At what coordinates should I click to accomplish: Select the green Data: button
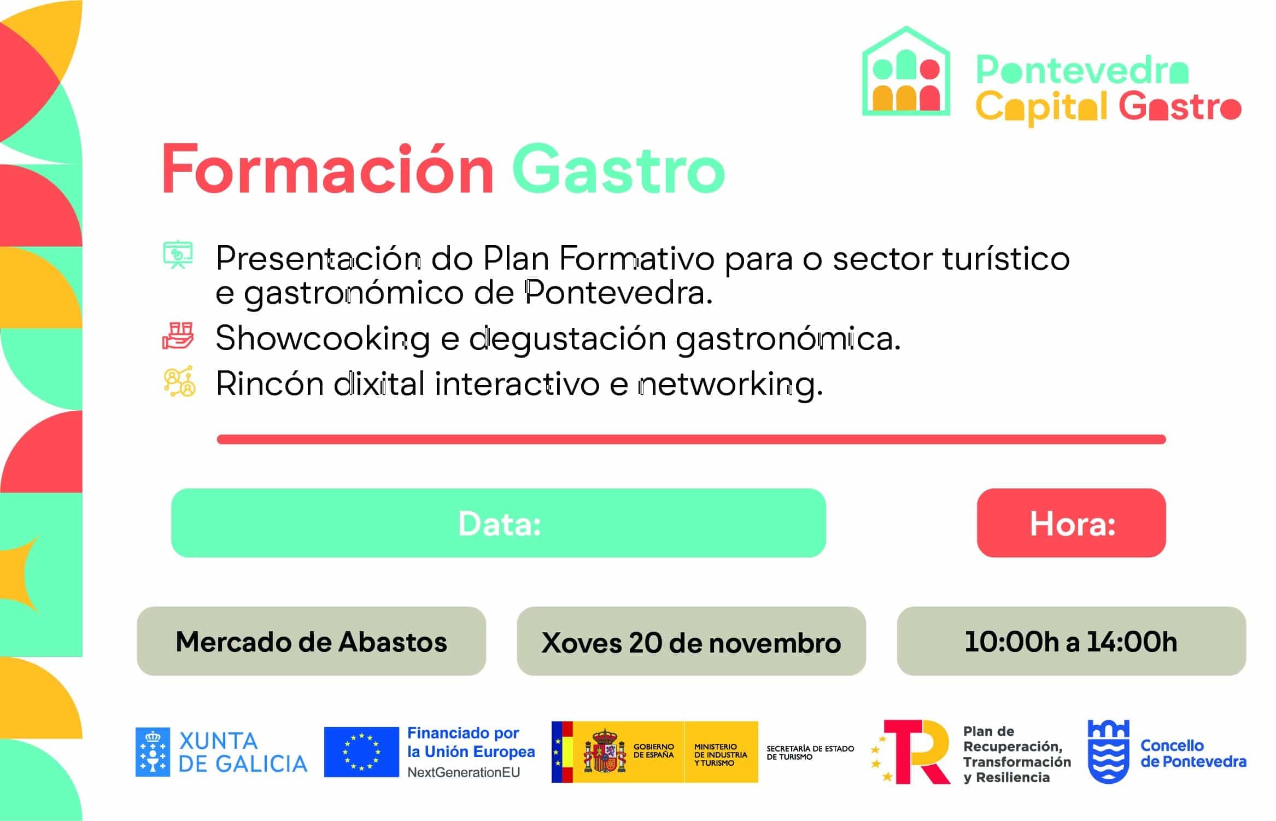click(498, 523)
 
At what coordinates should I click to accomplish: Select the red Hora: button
click(1071, 523)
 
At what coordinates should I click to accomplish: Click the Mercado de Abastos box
click(311, 641)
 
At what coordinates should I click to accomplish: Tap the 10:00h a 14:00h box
click(1071, 641)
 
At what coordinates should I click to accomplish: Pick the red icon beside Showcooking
click(178, 336)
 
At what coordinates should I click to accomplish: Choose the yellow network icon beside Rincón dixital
click(179, 381)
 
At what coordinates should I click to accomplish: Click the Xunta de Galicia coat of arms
click(153, 752)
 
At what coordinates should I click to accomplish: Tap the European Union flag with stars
click(361, 752)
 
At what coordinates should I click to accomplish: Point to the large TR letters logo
click(914, 752)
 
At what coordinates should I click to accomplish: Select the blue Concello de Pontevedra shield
click(1108, 752)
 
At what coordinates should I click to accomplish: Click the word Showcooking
click(323, 339)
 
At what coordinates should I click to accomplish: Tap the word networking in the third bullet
click(730, 384)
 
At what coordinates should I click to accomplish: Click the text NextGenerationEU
click(464, 772)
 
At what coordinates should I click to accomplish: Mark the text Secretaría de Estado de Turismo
click(810, 753)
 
